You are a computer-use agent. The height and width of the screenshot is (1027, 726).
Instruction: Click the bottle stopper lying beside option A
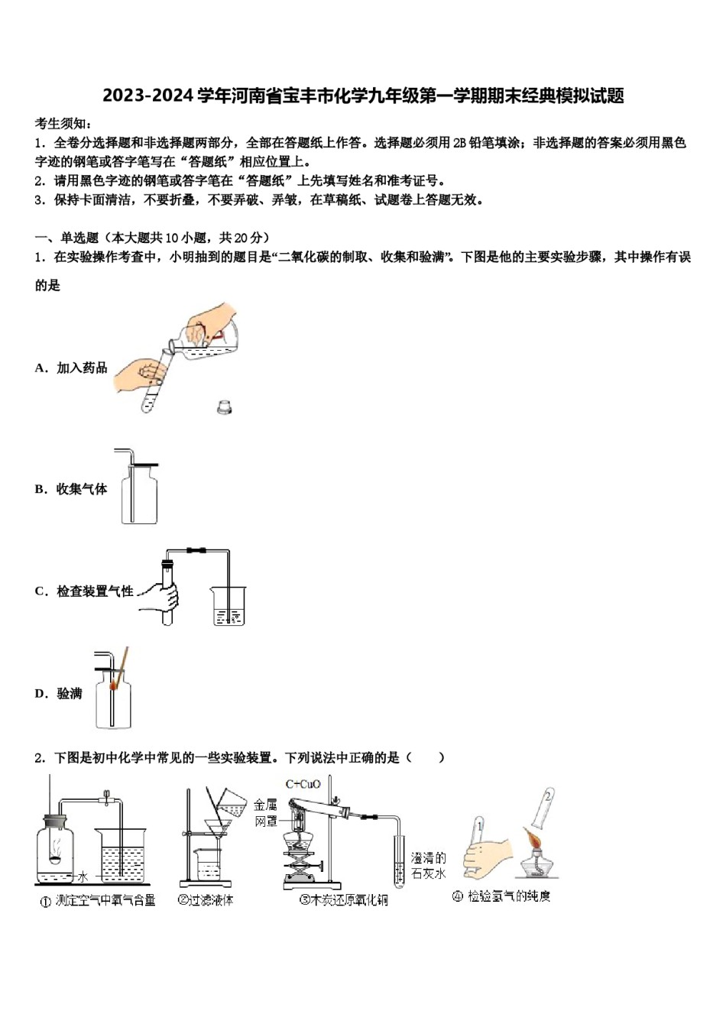(x=224, y=407)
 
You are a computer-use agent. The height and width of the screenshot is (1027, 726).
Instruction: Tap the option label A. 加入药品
(x=71, y=368)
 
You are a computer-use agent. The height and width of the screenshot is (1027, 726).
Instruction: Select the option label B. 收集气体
(x=71, y=489)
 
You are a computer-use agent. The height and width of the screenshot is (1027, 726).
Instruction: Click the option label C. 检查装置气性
(x=84, y=591)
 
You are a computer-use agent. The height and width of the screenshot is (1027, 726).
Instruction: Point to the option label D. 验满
(x=58, y=694)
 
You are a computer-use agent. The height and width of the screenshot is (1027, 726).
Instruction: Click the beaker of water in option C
(x=228, y=607)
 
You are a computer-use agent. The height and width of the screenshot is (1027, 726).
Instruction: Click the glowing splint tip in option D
(x=113, y=685)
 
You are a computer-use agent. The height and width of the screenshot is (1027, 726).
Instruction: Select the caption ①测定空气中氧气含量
(x=98, y=901)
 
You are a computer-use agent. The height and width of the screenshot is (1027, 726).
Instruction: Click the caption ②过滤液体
(x=206, y=900)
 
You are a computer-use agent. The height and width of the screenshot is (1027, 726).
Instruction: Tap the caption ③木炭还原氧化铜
(x=344, y=900)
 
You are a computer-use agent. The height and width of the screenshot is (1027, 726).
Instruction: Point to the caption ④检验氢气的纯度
(x=501, y=896)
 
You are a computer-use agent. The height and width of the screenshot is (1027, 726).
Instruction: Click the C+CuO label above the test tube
(x=303, y=784)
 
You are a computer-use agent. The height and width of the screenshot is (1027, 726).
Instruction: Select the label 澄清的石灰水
(x=428, y=866)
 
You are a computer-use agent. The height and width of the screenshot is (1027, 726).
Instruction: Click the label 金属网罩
(x=265, y=813)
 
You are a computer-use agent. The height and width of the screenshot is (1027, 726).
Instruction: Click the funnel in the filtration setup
(x=219, y=829)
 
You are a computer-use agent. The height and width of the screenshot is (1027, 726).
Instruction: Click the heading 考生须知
(x=63, y=123)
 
